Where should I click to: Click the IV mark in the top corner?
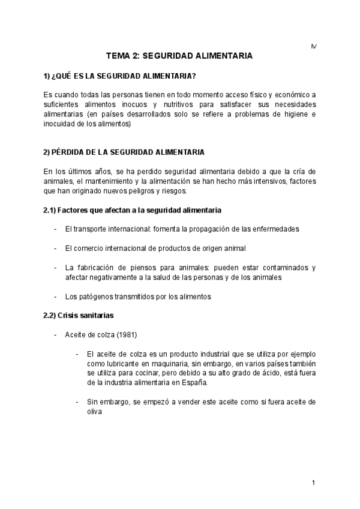313,46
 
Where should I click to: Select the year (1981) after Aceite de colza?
126,334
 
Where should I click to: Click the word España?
194,382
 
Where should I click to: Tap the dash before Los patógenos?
56,297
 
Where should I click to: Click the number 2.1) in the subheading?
49,210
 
